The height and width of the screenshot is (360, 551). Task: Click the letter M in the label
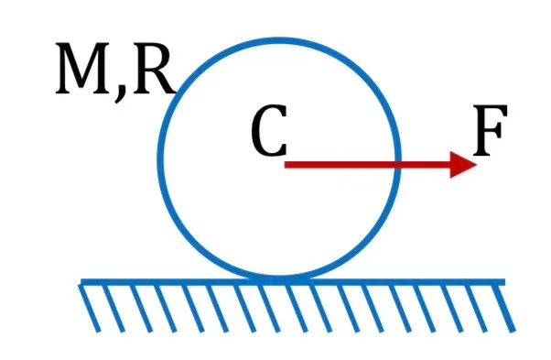[x=83, y=69]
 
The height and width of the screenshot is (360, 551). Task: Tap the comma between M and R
[x=120, y=93]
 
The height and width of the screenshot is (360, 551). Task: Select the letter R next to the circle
[x=154, y=69]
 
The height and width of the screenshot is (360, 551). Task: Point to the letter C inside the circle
[x=269, y=130]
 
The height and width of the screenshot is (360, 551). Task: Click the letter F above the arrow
[x=491, y=130]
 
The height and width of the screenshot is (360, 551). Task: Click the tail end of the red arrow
[x=285, y=165]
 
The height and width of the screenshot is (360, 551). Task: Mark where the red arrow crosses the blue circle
[x=397, y=165]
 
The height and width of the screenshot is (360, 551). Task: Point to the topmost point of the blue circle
[x=279, y=41]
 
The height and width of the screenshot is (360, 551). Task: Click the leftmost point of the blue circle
[x=160, y=158]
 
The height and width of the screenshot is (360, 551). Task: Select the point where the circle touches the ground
[x=279, y=278]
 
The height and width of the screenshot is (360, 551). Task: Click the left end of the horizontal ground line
[x=81, y=282]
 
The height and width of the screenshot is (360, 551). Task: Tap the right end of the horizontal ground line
[x=504, y=282]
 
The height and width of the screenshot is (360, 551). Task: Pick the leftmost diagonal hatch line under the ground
[x=90, y=308]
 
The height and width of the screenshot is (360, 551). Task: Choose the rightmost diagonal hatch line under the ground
[x=504, y=308]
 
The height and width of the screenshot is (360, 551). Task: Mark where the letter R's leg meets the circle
[x=175, y=93]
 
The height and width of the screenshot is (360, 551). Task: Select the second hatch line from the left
[x=113, y=308]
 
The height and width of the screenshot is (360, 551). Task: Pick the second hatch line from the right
[x=477, y=308]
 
